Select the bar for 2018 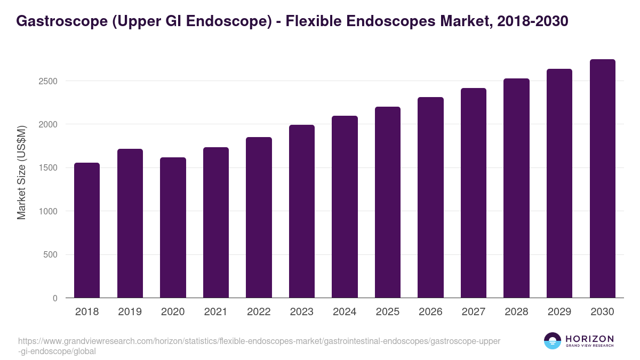(87, 230)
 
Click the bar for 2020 (173, 228)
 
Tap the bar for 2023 (302, 211)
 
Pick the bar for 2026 (430, 197)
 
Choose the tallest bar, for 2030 (602, 179)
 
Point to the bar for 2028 (516, 188)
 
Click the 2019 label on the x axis (130, 312)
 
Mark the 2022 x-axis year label (259, 312)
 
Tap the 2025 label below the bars (388, 312)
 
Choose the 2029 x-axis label (559, 312)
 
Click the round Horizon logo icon (553, 341)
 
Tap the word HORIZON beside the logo (589, 338)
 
